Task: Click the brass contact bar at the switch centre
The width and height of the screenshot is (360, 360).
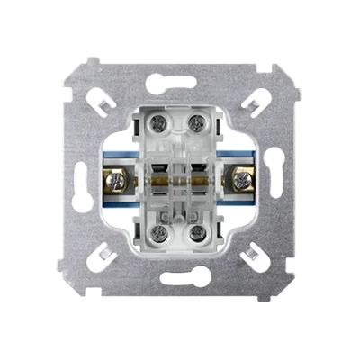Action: click(x=180, y=179)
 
